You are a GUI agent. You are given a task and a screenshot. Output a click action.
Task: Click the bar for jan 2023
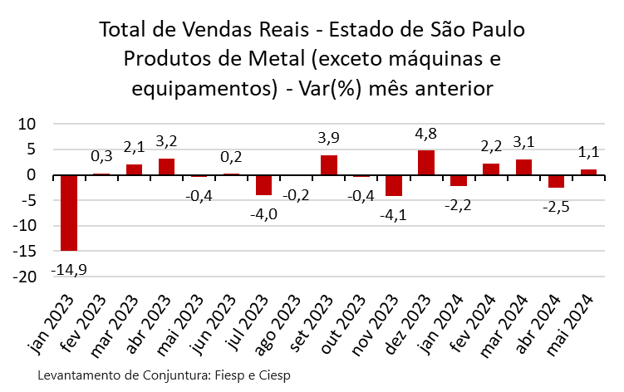coord(68,213)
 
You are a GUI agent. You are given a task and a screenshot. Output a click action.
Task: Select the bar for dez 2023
coord(426,163)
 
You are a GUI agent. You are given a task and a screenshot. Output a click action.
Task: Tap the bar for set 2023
coord(329,165)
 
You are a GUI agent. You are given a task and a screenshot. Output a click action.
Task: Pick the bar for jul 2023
coord(264,185)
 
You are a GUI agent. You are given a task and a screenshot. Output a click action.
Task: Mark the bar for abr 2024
coord(556,182)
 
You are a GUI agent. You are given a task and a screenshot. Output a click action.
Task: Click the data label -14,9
coord(68,270)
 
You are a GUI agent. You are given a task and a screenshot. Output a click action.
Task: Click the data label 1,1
coord(588,153)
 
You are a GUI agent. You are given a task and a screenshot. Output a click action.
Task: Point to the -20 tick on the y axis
coord(27,277)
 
